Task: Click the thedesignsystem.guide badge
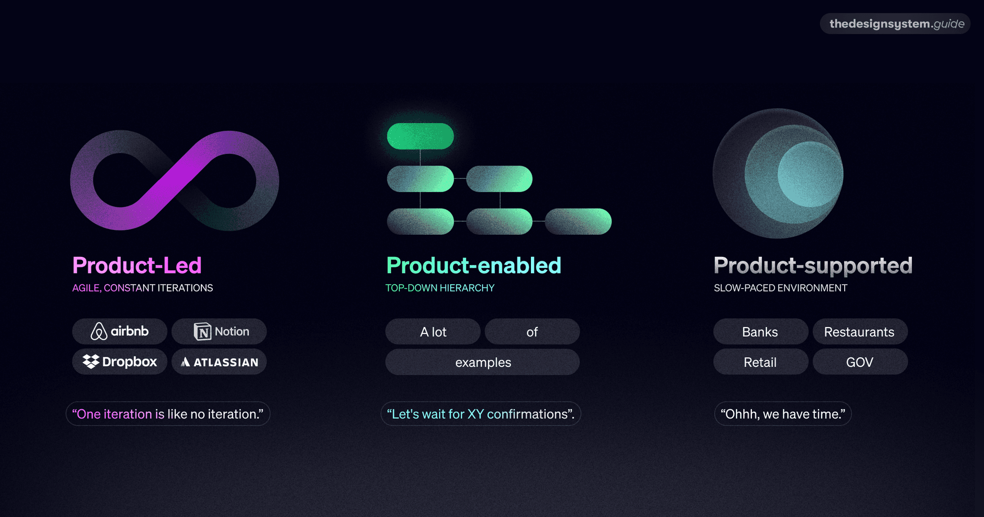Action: tap(896, 24)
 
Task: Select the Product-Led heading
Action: tap(137, 265)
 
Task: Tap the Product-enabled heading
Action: tap(474, 265)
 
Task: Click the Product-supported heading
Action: tap(813, 265)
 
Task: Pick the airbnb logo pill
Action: tap(120, 331)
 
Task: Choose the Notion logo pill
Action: tap(219, 331)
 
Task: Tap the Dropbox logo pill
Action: tap(120, 362)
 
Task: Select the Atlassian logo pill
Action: tap(219, 362)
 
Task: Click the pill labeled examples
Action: tap(482, 362)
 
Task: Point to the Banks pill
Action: tap(760, 332)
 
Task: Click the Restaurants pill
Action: tap(860, 332)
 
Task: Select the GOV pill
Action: tap(860, 362)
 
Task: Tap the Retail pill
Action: tap(760, 362)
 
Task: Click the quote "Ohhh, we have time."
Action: tap(783, 414)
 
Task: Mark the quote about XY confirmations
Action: tap(480, 414)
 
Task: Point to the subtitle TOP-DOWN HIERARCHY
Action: tap(440, 288)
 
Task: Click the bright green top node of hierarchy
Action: tap(420, 136)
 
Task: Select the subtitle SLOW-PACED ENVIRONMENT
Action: tap(780, 288)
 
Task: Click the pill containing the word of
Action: tap(532, 332)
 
